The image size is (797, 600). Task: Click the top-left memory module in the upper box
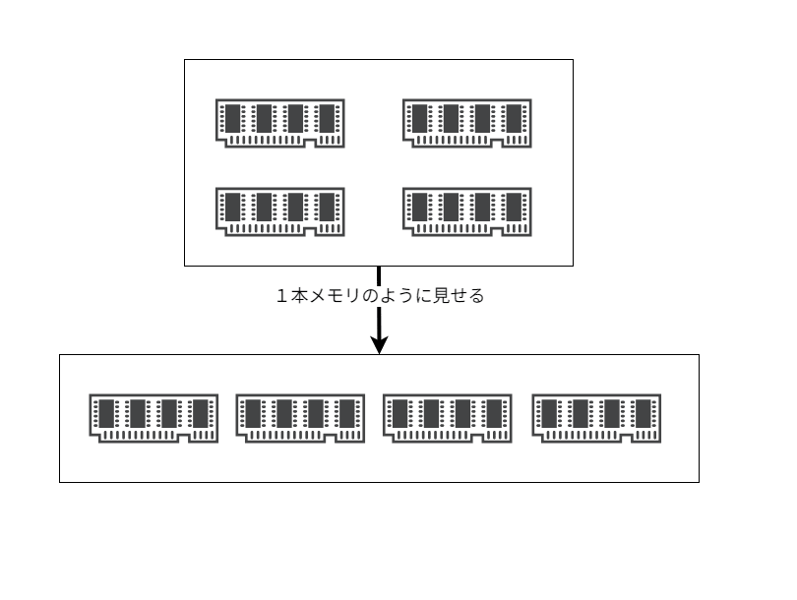(x=280, y=122)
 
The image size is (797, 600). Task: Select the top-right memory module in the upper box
(x=467, y=122)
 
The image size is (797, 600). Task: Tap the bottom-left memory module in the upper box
(x=280, y=210)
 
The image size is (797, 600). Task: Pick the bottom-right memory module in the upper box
(x=467, y=210)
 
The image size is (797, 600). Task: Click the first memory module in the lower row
(x=153, y=418)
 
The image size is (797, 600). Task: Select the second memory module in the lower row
(x=300, y=418)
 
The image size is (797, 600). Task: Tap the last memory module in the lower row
(x=595, y=418)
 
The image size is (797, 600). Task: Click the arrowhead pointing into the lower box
(x=379, y=344)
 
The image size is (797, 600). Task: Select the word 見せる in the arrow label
(x=462, y=295)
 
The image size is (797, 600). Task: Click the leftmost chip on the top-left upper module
(x=233, y=118)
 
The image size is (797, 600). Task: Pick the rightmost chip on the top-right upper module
(x=515, y=118)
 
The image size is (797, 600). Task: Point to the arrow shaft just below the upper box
(x=379, y=275)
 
